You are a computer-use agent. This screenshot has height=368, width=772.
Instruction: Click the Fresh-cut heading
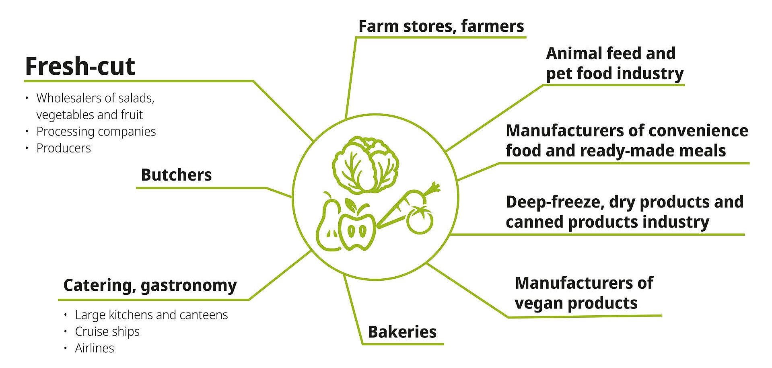80,66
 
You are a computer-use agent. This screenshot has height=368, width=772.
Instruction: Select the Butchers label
176,175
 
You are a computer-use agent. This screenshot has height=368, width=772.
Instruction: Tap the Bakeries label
402,332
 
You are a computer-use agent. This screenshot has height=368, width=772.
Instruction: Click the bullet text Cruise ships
107,331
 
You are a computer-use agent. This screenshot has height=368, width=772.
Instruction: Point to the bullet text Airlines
95,348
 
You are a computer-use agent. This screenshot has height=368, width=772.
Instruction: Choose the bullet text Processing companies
96,132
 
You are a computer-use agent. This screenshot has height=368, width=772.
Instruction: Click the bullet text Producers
64,148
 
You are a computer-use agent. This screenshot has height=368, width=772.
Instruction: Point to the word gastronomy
189,286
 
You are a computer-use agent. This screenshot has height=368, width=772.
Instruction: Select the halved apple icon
357,229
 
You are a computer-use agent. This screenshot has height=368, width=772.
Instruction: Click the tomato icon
420,220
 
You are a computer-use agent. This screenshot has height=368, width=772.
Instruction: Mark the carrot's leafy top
432,188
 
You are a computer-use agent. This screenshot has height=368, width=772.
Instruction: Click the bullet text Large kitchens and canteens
151,315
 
